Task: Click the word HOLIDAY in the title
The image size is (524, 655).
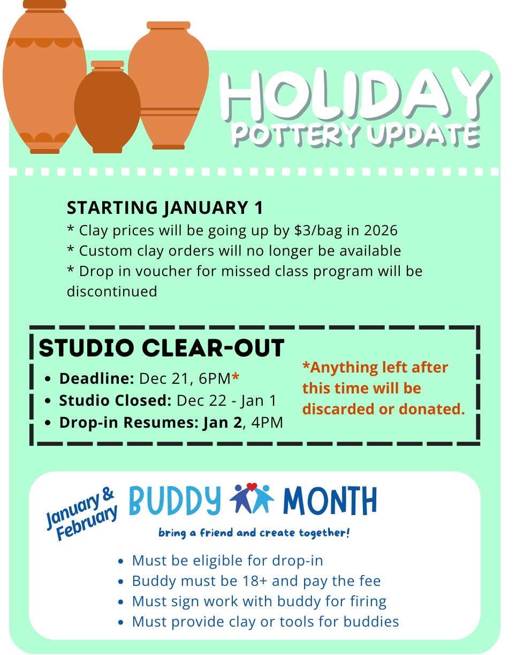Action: click(x=355, y=94)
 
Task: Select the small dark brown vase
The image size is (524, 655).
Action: click(x=107, y=107)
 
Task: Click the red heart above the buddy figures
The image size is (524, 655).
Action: click(x=252, y=486)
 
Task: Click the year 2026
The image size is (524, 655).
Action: click(x=381, y=230)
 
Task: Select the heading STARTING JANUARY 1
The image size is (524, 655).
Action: click(x=165, y=208)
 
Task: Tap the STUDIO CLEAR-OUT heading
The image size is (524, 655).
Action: click(x=162, y=348)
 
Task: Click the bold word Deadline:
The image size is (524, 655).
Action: click(x=97, y=378)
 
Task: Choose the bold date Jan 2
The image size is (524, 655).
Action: click(x=223, y=423)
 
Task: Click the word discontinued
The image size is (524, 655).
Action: click(x=112, y=292)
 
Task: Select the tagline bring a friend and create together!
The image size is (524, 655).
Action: click(x=254, y=533)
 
